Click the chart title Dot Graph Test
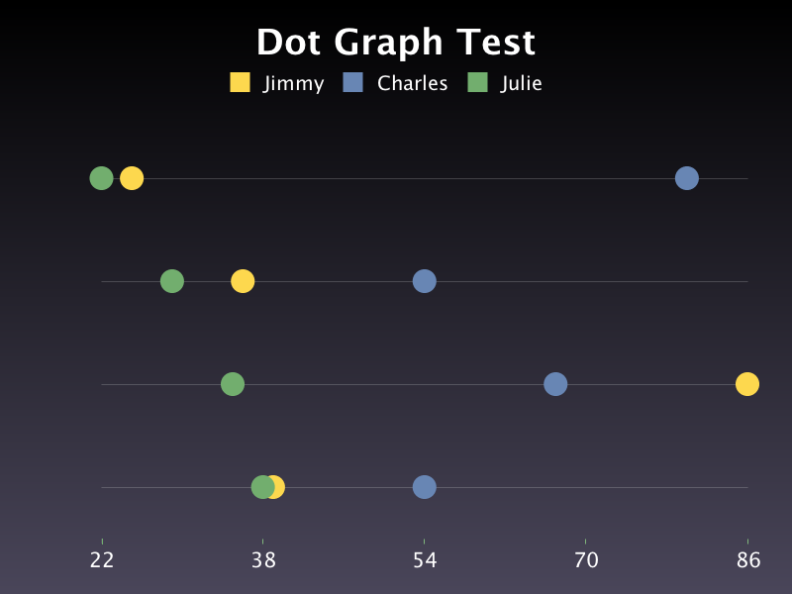click(x=396, y=43)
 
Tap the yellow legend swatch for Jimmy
click(x=240, y=82)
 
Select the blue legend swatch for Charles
click(x=353, y=82)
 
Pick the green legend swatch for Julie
click(x=477, y=82)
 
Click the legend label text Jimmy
click(x=293, y=84)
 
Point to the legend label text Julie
click(x=521, y=84)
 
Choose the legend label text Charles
click(x=412, y=83)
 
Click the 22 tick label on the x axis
click(x=102, y=560)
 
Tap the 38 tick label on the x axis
click(x=263, y=560)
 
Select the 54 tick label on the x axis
click(x=425, y=560)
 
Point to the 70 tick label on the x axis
click(x=586, y=560)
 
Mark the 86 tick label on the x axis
click(x=748, y=560)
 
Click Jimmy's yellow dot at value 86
click(x=747, y=384)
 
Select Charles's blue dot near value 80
click(x=687, y=178)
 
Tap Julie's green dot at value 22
click(x=101, y=178)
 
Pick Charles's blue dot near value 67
click(x=555, y=384)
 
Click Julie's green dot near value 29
click(x=172, y=281)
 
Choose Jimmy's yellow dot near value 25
click(x=132, y=178)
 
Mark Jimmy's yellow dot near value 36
click(x=243, y=281)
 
